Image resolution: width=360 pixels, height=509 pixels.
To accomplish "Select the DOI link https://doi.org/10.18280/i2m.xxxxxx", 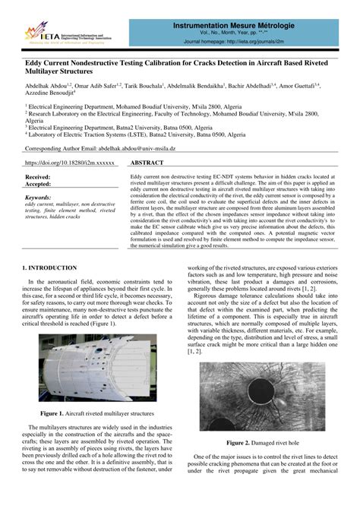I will pyautogui.click(x=70, y=163).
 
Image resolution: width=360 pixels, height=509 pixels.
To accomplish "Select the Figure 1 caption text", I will pyautogui.click(x=101, y=413).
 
